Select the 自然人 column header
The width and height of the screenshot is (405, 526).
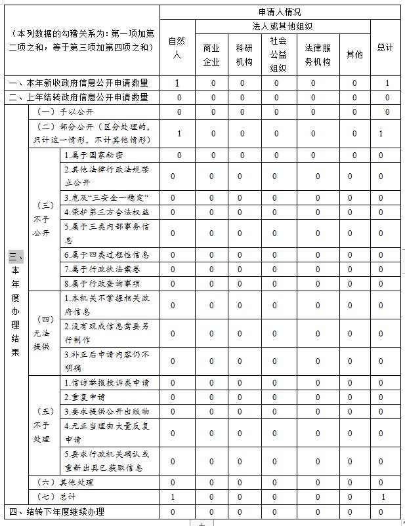pos(177,47)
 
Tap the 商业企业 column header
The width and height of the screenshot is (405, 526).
pos(211,55)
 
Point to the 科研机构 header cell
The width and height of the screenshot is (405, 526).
pos(244,55)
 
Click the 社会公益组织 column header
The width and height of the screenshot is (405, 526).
pos(278,54)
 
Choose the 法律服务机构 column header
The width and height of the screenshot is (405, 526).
pos(318,55)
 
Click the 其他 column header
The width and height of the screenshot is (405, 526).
pos(354,55)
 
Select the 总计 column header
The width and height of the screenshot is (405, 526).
pos(385,47)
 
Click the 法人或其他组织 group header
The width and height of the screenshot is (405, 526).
pos(282,27)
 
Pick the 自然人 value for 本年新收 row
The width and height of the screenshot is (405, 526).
pos(177,83)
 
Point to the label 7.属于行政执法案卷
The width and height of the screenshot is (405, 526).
pos(102,269)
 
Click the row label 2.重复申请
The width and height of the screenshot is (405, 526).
pos(85,397)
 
